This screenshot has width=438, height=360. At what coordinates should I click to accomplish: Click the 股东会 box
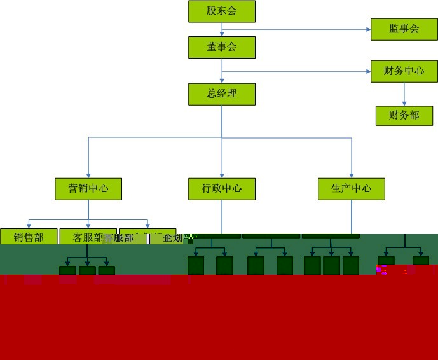tap(222, 11)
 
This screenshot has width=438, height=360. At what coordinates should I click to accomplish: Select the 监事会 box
tap(404, 29)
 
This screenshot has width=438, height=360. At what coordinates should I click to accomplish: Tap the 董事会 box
tap(222, 47)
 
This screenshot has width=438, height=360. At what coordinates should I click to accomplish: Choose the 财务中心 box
tap(404, 71)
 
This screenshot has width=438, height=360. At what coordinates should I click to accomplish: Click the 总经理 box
tap(222, 94)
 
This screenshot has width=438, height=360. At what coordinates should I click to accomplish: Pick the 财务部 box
tap(404, 116)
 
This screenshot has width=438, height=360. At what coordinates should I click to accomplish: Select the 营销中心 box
tap(88, 189)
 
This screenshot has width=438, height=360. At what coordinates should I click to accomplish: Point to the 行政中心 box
tap(222, 189)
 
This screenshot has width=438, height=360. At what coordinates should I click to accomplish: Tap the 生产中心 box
tap(352, 189)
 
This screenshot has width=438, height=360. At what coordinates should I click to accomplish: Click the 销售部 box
tap(29, 237)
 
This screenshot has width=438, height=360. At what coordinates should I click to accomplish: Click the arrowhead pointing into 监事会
tap(368, 29)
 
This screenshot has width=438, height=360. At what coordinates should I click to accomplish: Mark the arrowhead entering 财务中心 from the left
tap(368, 71)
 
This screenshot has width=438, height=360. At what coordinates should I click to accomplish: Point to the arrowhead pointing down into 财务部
tap(404, 102)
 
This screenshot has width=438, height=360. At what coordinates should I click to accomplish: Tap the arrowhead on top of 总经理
tap(222, 80)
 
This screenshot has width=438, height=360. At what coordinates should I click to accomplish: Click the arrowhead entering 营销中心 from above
tap(88, 175)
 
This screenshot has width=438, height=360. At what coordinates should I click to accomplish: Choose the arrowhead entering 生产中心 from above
tap(352, 175)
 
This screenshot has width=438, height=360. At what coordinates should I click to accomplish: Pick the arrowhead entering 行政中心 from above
tap(222, 175)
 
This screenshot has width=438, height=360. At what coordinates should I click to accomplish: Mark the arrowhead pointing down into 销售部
tap(29, 225)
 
